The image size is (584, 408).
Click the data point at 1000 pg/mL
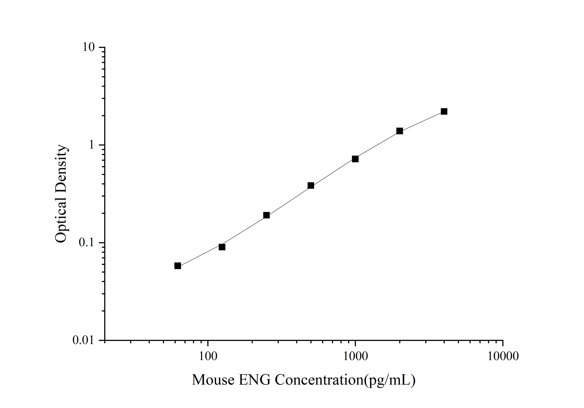355,159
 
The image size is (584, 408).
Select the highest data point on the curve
444,111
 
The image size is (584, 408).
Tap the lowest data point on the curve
178,266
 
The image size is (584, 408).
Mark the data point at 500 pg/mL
311,185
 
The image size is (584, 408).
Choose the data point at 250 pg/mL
266,215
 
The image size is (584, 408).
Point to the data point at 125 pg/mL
222,247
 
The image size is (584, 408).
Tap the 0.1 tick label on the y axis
86,243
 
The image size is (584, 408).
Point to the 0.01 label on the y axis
83,340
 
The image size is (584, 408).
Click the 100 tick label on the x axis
208,356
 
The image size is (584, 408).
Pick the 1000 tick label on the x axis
355,356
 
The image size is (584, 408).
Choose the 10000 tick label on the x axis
503,356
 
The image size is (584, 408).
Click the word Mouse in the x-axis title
213,380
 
